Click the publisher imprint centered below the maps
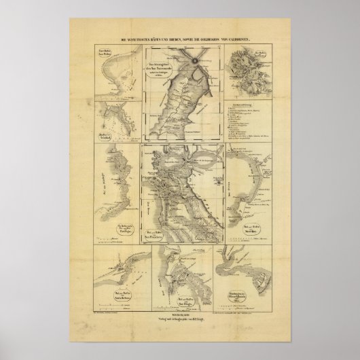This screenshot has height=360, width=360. (x=179, y=321)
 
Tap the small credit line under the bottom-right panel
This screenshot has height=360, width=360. (x=245, y=314)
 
